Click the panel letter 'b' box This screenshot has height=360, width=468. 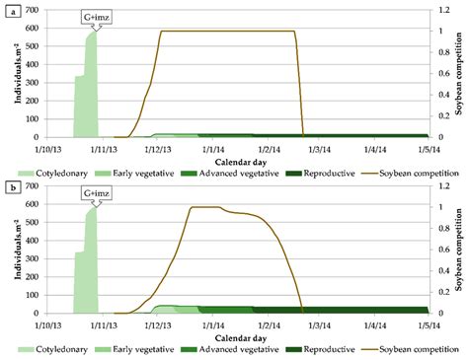click(x=8, y=183)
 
